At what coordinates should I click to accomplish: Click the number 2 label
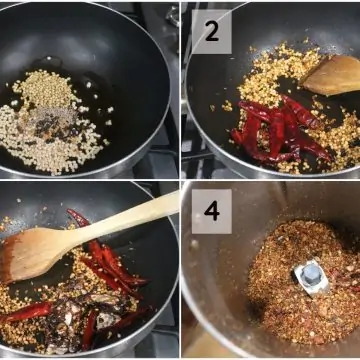(212, 31)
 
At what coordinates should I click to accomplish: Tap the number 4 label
(212, 211)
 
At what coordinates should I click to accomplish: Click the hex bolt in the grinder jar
(312, 275)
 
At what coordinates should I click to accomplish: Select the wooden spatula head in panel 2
(332, 75)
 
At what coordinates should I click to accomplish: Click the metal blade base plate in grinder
(312, 278)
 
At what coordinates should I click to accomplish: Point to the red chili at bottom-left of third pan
(27, 313)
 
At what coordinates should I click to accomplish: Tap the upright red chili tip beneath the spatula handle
(77, 216)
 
